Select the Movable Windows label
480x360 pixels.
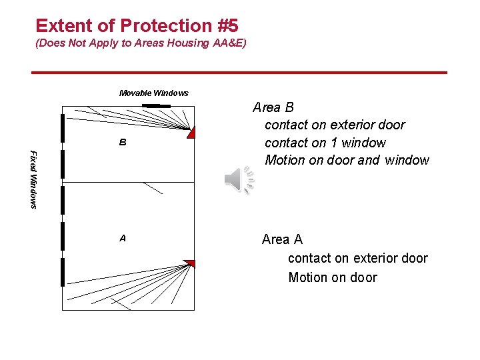153,93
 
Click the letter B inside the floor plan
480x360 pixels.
123,143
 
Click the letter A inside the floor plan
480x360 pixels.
123,238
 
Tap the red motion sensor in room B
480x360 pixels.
191,132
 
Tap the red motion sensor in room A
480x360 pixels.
190,263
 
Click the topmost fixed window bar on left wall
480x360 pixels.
61,128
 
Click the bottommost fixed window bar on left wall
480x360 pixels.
61,272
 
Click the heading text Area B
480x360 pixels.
273,107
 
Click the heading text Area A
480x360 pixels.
282,239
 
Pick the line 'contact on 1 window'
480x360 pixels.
325,143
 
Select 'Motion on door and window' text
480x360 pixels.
347,160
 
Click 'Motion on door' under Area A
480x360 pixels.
333,277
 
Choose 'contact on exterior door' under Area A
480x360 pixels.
357,258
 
